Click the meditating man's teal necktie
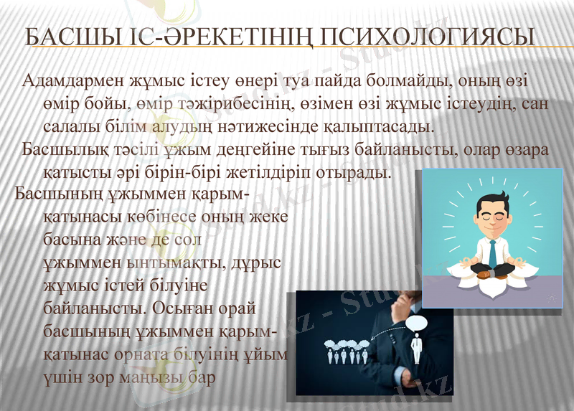(x=493, y=251)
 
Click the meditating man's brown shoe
(x=484, y=275)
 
